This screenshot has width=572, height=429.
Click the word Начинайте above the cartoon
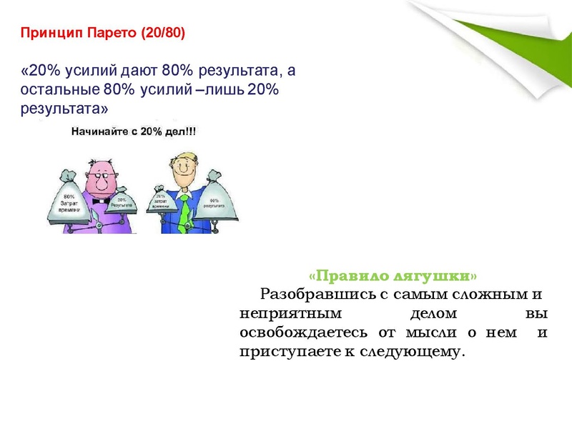click(x=94, y=132)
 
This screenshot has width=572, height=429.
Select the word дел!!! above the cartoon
click(x=179, y=132)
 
